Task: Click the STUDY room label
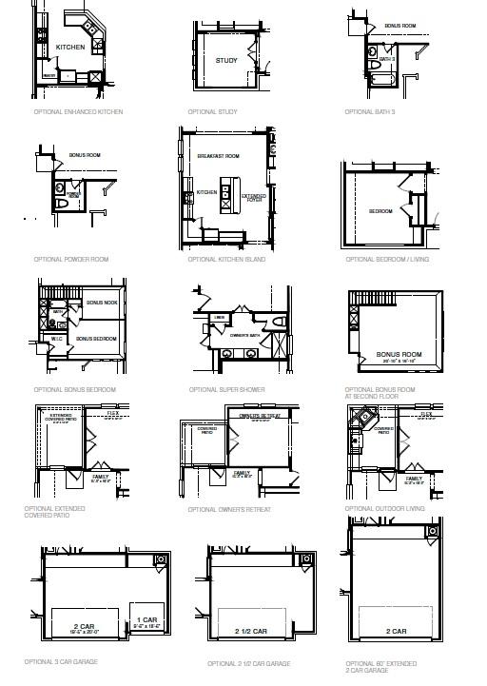[x=226, y=61]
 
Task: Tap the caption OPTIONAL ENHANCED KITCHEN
[x=78, y=112]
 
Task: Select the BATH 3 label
[x=386, y=59]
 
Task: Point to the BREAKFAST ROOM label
[x=218, y=155]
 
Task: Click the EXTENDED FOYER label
[x=255, y=197]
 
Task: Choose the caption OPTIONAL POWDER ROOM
[x=71, y=259]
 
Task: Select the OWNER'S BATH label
[x=245, y=335]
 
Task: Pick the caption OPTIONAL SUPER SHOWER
[x=226, y=389]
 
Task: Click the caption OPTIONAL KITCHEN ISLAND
[x=226, y=259]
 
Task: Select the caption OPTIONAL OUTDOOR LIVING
[x=385, y=508]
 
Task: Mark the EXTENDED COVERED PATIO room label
[x=60, y=417]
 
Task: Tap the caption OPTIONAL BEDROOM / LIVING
[x=386, y=259]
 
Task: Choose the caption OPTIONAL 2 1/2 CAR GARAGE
[x=249, y=663]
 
